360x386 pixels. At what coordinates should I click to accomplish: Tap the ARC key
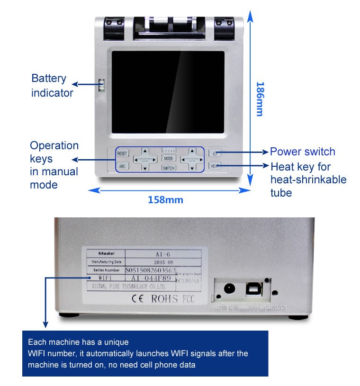[x=122, y=166]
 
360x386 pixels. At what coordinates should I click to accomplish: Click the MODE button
[x=169, y=159]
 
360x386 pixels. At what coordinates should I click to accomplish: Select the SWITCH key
[x=169, y=168]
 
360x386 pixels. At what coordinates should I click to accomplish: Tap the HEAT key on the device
[x=215, y=166]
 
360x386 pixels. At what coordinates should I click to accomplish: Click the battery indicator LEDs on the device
[x=100, y=86]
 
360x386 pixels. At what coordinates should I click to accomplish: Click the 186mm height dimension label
[x=260, y=99]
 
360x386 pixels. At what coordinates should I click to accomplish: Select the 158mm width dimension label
[x=166, y=199]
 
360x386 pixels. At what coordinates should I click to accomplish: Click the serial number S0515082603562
[x=150, y=269]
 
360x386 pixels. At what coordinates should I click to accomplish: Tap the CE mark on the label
[x=137, y=299]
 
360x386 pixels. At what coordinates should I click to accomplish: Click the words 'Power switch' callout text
[x=302, y=152]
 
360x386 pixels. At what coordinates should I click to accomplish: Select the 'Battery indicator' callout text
[x=52, y=86]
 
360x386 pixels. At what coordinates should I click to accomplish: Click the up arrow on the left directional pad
[x=145, y=151]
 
